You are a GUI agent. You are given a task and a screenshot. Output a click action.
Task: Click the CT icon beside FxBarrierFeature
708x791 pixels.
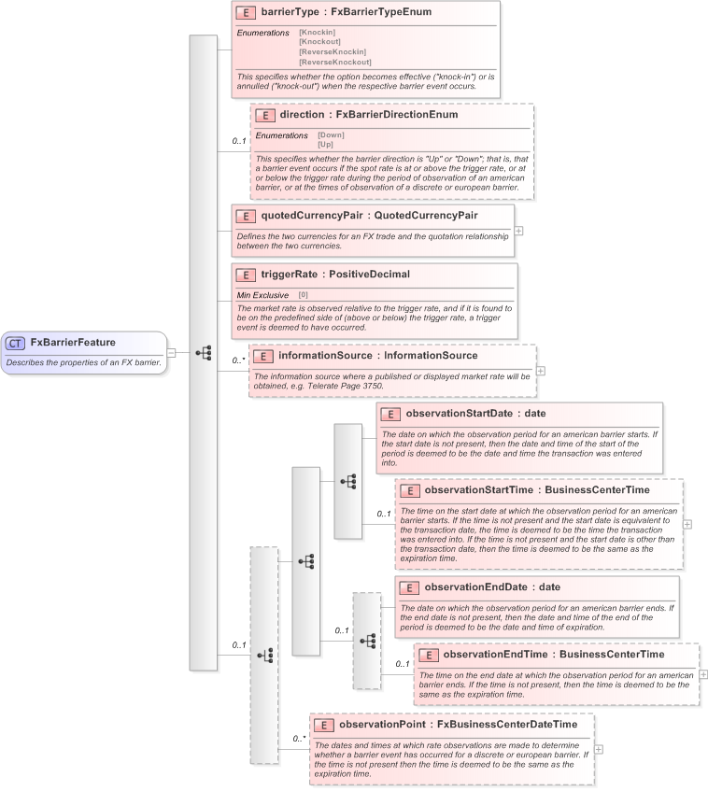pyautogui.click(x=17, y=343)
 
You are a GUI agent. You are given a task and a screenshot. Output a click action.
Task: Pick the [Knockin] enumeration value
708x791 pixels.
pyautogui.click(x=317, y=33)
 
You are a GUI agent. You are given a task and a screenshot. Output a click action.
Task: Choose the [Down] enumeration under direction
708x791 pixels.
pyautogui.click(x=331, y=135)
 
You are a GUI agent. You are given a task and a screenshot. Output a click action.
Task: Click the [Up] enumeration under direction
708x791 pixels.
pyautogui.click(x=325, y=145)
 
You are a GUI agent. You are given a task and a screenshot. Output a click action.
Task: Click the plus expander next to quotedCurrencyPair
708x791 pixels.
pyautogui.click(x=519, y=230)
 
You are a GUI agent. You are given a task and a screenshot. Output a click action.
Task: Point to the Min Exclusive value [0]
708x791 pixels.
pyautogui.click(x=303, y=295)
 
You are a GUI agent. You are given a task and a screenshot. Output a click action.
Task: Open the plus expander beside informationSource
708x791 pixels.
pyautogui.click(x=541, y=371)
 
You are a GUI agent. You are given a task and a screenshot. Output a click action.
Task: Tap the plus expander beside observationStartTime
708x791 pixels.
pyautogui.click(x=687, y=524)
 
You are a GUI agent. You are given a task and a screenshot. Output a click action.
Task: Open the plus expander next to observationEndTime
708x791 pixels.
pyautogui.click(x=703, y=673)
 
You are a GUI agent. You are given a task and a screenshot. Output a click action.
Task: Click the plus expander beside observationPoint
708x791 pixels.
pyautogui.click(x=599, y=749)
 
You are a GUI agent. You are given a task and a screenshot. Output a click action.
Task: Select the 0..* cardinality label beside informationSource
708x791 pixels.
pyautogui.click(x=238, y=360)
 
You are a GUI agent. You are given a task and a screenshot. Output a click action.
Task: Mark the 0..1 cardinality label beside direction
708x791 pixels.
pyautogui.click(x=239, y=142)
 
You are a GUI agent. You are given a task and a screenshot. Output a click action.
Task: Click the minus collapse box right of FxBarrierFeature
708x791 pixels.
pyautogui.click(x=172, y=352)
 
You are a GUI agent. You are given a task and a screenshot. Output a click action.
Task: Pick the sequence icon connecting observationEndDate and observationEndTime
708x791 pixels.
pyautogui.click(x=367, y=641)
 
